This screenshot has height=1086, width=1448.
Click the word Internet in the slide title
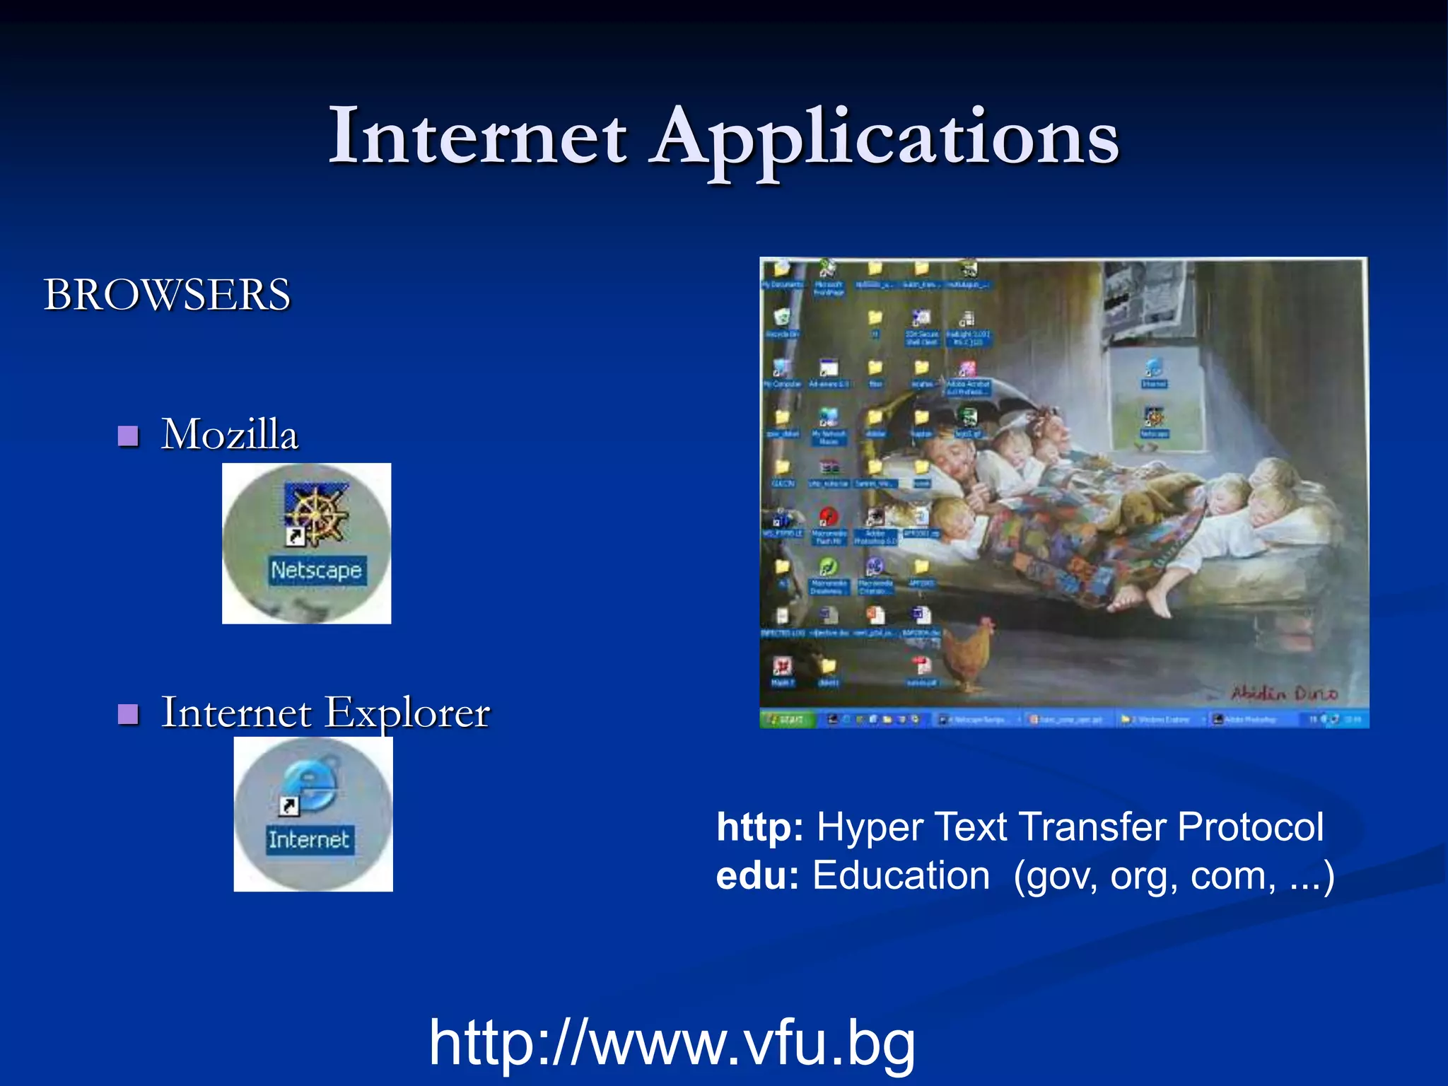[x=478, y=136]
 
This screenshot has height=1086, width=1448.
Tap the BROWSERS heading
[x=167, y=294]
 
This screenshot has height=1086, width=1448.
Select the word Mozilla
[x=230, y=433]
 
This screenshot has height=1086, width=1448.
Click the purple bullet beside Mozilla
[x=128, y=436]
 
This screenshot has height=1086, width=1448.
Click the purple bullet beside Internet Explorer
[x=128, y=714]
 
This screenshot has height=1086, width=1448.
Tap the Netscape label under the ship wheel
[x=316, y=570]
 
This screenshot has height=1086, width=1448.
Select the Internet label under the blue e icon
[x=309, y=840]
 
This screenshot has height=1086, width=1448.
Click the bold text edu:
[x=757, y=875]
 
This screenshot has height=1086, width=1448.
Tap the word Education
[x=901, y=875]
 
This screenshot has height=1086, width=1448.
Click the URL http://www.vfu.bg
[x=672, y=1043]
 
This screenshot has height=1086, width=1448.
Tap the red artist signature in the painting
[x=1284, y=694]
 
